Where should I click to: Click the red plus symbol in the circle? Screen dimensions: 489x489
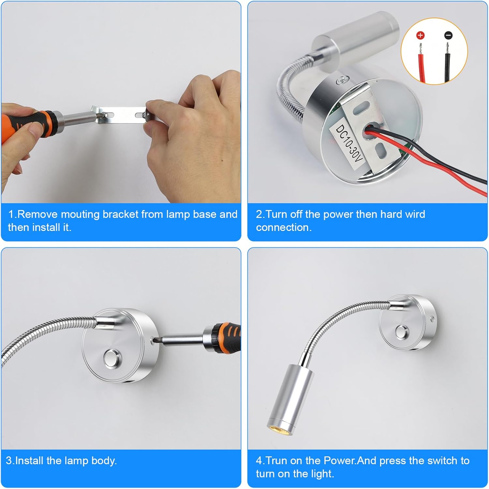420,35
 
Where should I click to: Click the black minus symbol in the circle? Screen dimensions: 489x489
448,35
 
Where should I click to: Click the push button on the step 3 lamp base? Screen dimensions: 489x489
111,358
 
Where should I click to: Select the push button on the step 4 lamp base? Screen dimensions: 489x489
402,332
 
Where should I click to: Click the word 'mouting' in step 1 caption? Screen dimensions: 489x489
80,214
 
